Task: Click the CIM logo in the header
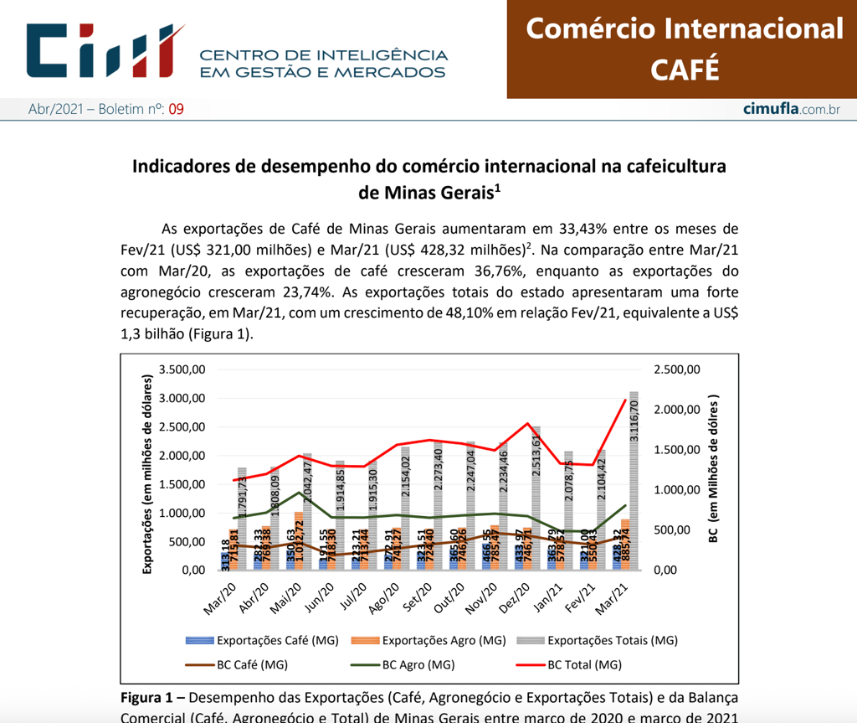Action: point(105,49)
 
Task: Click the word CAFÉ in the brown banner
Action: point(684,69)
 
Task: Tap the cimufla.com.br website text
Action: point(791,109)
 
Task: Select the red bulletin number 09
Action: point(176,109)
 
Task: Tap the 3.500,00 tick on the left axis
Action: point(182,369)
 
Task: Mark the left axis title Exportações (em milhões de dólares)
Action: point(146,473)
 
